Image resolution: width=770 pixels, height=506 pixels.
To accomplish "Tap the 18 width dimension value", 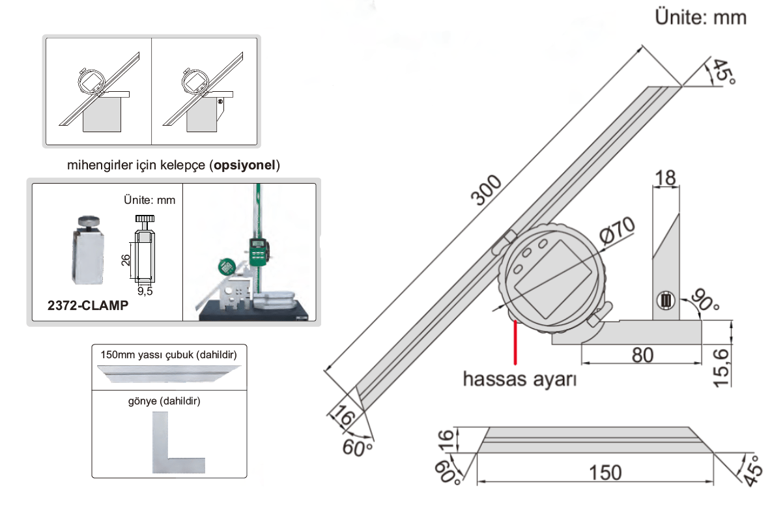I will (x=666, y=176).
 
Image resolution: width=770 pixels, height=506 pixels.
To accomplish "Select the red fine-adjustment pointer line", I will (x=515, y=342).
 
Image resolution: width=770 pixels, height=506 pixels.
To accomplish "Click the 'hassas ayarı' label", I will (x=519, y=378).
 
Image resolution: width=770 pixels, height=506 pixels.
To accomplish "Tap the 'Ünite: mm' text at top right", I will (x=700, y=18).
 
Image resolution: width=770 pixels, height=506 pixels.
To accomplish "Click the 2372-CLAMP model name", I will (x=88, y=305).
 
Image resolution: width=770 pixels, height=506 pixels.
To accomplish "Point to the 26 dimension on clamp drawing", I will (x=126, y=259).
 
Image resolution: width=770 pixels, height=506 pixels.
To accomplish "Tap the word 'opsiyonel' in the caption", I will (x=246, y=165).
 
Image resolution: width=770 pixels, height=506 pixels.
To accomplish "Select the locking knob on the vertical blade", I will (x=665, y=301).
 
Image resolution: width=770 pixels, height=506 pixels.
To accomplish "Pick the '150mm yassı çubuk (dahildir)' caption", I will (x=168, y=356).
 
